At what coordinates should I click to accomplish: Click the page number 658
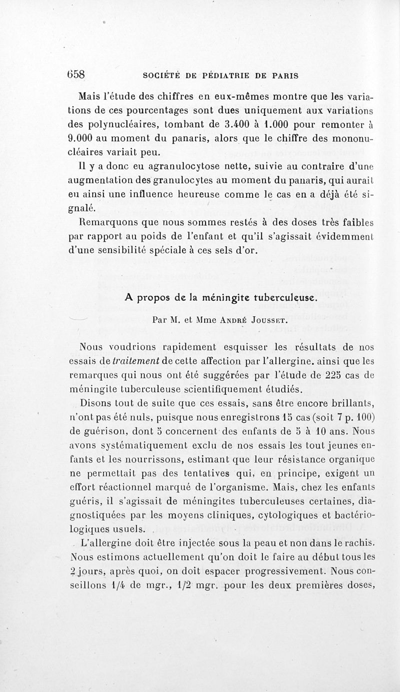[x=76, y=75]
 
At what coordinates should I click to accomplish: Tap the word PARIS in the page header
[x=285, y=76]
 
